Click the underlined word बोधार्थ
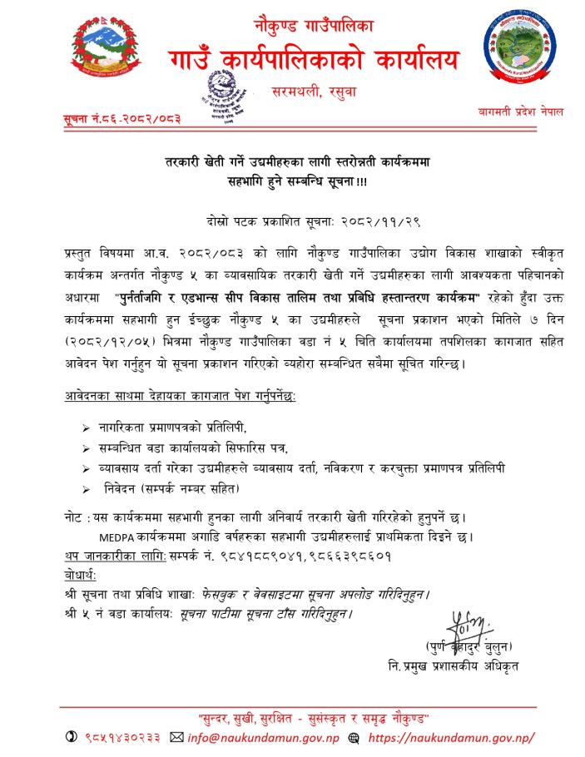click(79, 575)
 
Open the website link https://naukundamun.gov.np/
click(449, 737)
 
